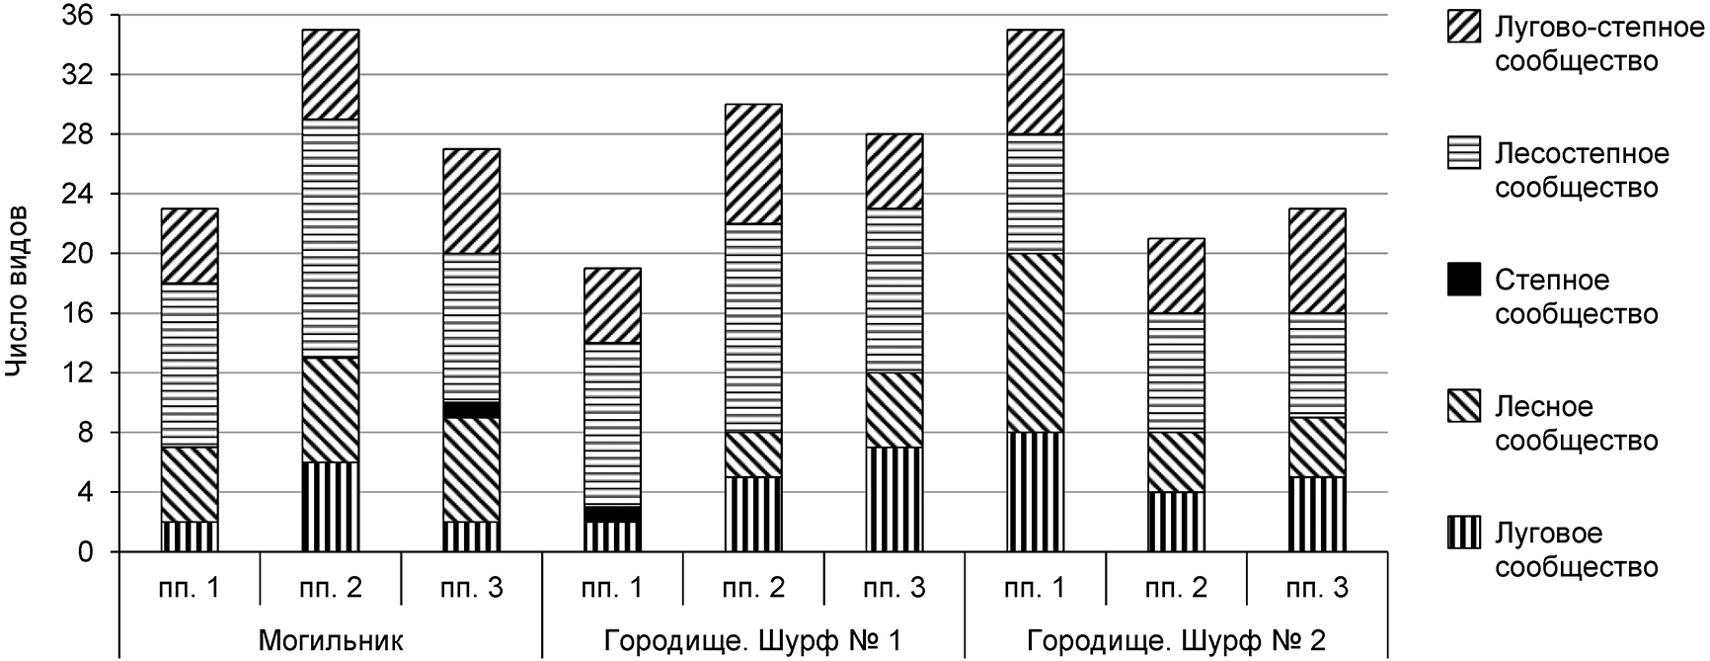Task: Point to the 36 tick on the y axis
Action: (81, 16)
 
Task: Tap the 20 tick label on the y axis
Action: (81, 254)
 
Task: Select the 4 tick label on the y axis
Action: (87, 492)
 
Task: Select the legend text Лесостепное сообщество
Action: (1582, 171)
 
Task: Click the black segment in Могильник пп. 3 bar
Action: (472, 410)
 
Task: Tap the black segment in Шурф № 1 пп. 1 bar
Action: (612, 514)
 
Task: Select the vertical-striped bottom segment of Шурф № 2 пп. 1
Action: (1035, 492)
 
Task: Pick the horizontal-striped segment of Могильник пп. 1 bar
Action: (190, 366)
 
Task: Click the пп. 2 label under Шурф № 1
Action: (752, 588)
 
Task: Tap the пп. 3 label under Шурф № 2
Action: (1317, 588)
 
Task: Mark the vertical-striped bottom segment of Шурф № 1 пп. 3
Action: (894, 499)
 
